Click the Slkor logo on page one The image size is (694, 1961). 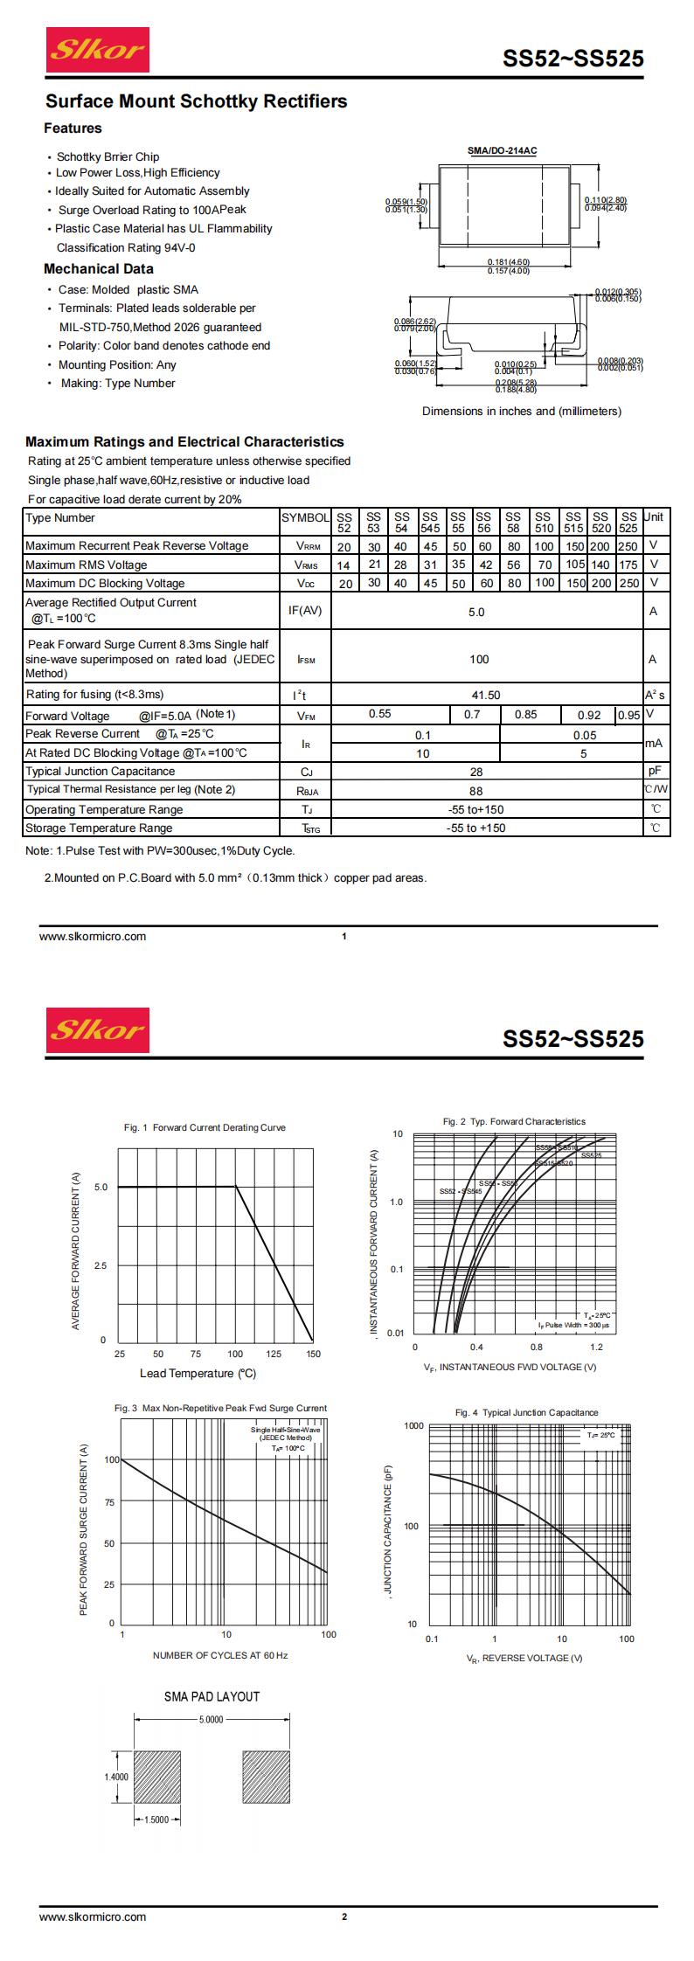(97, 50)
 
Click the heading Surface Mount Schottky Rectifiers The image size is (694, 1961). (196, 101)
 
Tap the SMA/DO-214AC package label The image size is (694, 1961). (502, 151)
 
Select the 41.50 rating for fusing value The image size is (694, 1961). (486, 695)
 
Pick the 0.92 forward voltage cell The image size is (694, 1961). (589, 715)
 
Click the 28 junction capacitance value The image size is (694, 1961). (476, 772)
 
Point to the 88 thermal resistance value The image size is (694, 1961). (476, 790)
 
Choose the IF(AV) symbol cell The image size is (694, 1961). (304, 611)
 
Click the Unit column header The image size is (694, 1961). (653, 517)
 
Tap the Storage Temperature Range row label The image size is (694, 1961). (99, 828)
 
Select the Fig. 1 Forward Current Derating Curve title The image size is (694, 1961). (205, 1127)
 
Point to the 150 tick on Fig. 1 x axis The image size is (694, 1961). (313, 1354)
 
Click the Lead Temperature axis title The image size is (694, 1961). (198, 1373)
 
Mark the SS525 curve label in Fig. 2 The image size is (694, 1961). (591, 1155)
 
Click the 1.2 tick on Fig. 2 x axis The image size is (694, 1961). (596, 1348)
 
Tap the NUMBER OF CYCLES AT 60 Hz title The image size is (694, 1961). (220, 1655)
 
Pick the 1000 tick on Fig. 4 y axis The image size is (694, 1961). (413, 1425)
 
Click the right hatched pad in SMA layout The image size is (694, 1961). (266, 1777)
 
